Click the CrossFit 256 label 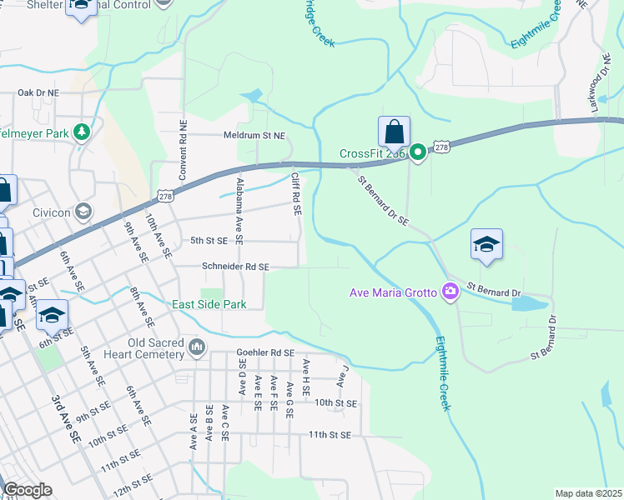[372, 153]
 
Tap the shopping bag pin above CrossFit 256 [394, 132]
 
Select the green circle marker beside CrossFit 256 [416, 152]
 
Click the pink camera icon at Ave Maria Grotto [451, 291]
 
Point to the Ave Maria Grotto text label [395, 292]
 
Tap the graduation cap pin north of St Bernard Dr [486, 245]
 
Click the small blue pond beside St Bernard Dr [530, 302]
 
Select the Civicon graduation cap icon [83, 211]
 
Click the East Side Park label [209, 305]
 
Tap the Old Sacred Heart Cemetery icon [197, 346]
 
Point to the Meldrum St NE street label [254, 135]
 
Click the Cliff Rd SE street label [295, 194]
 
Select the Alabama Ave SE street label [239, 210]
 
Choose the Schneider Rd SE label [235, 267]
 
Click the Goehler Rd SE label [265, 352]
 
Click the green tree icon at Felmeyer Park [82, 132]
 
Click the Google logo [28, 490]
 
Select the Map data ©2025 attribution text [588, 493]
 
